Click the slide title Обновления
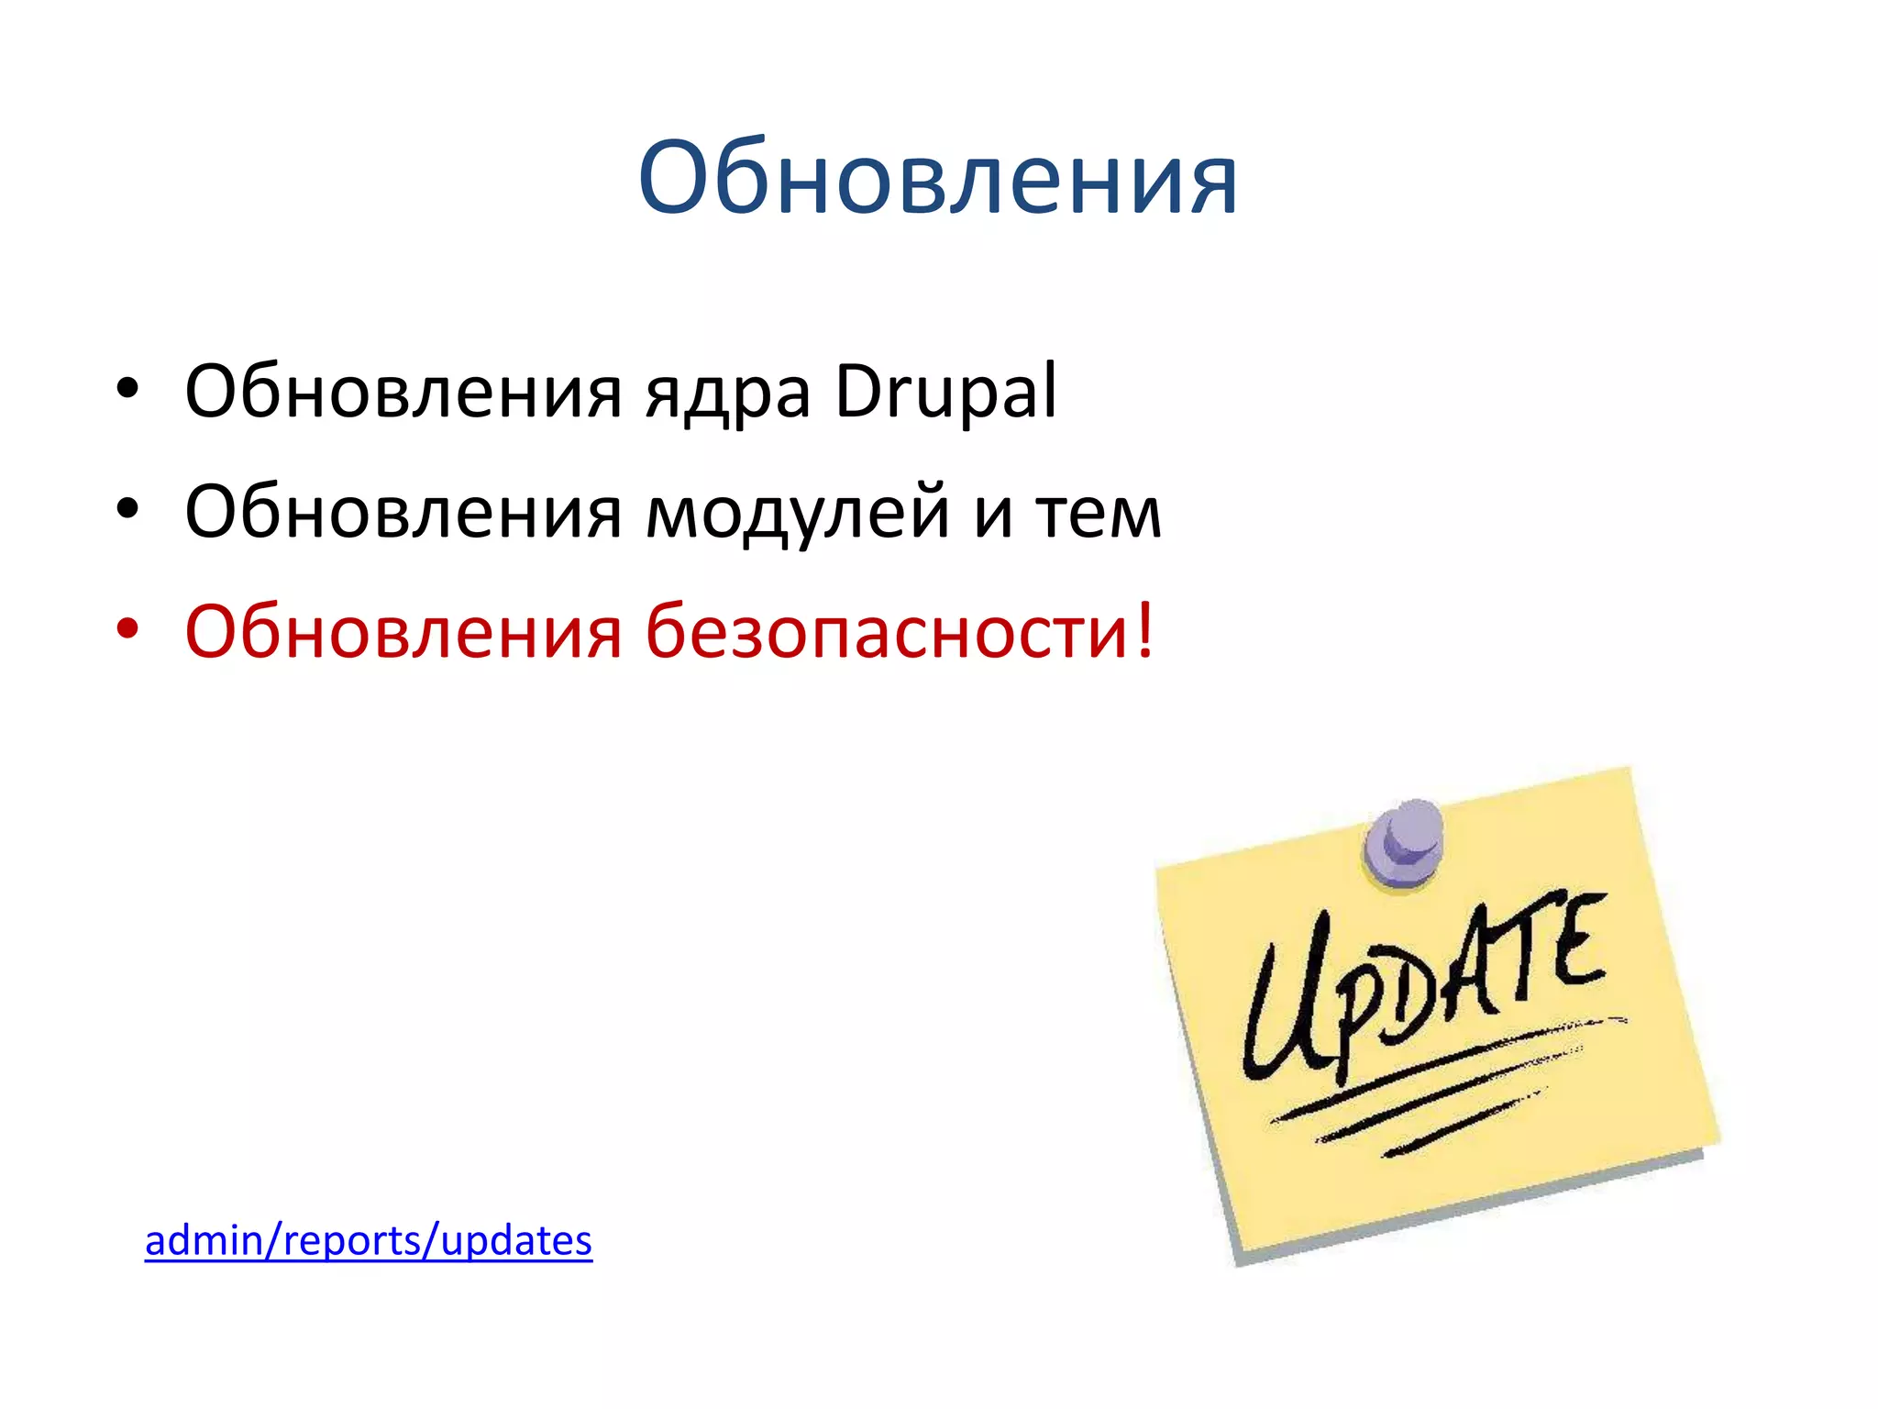point(937,179)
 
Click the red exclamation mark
point(1143,630)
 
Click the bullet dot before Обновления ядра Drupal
point(127,389)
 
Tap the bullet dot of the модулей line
point(127,509)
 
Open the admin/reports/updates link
point(369,1241)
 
